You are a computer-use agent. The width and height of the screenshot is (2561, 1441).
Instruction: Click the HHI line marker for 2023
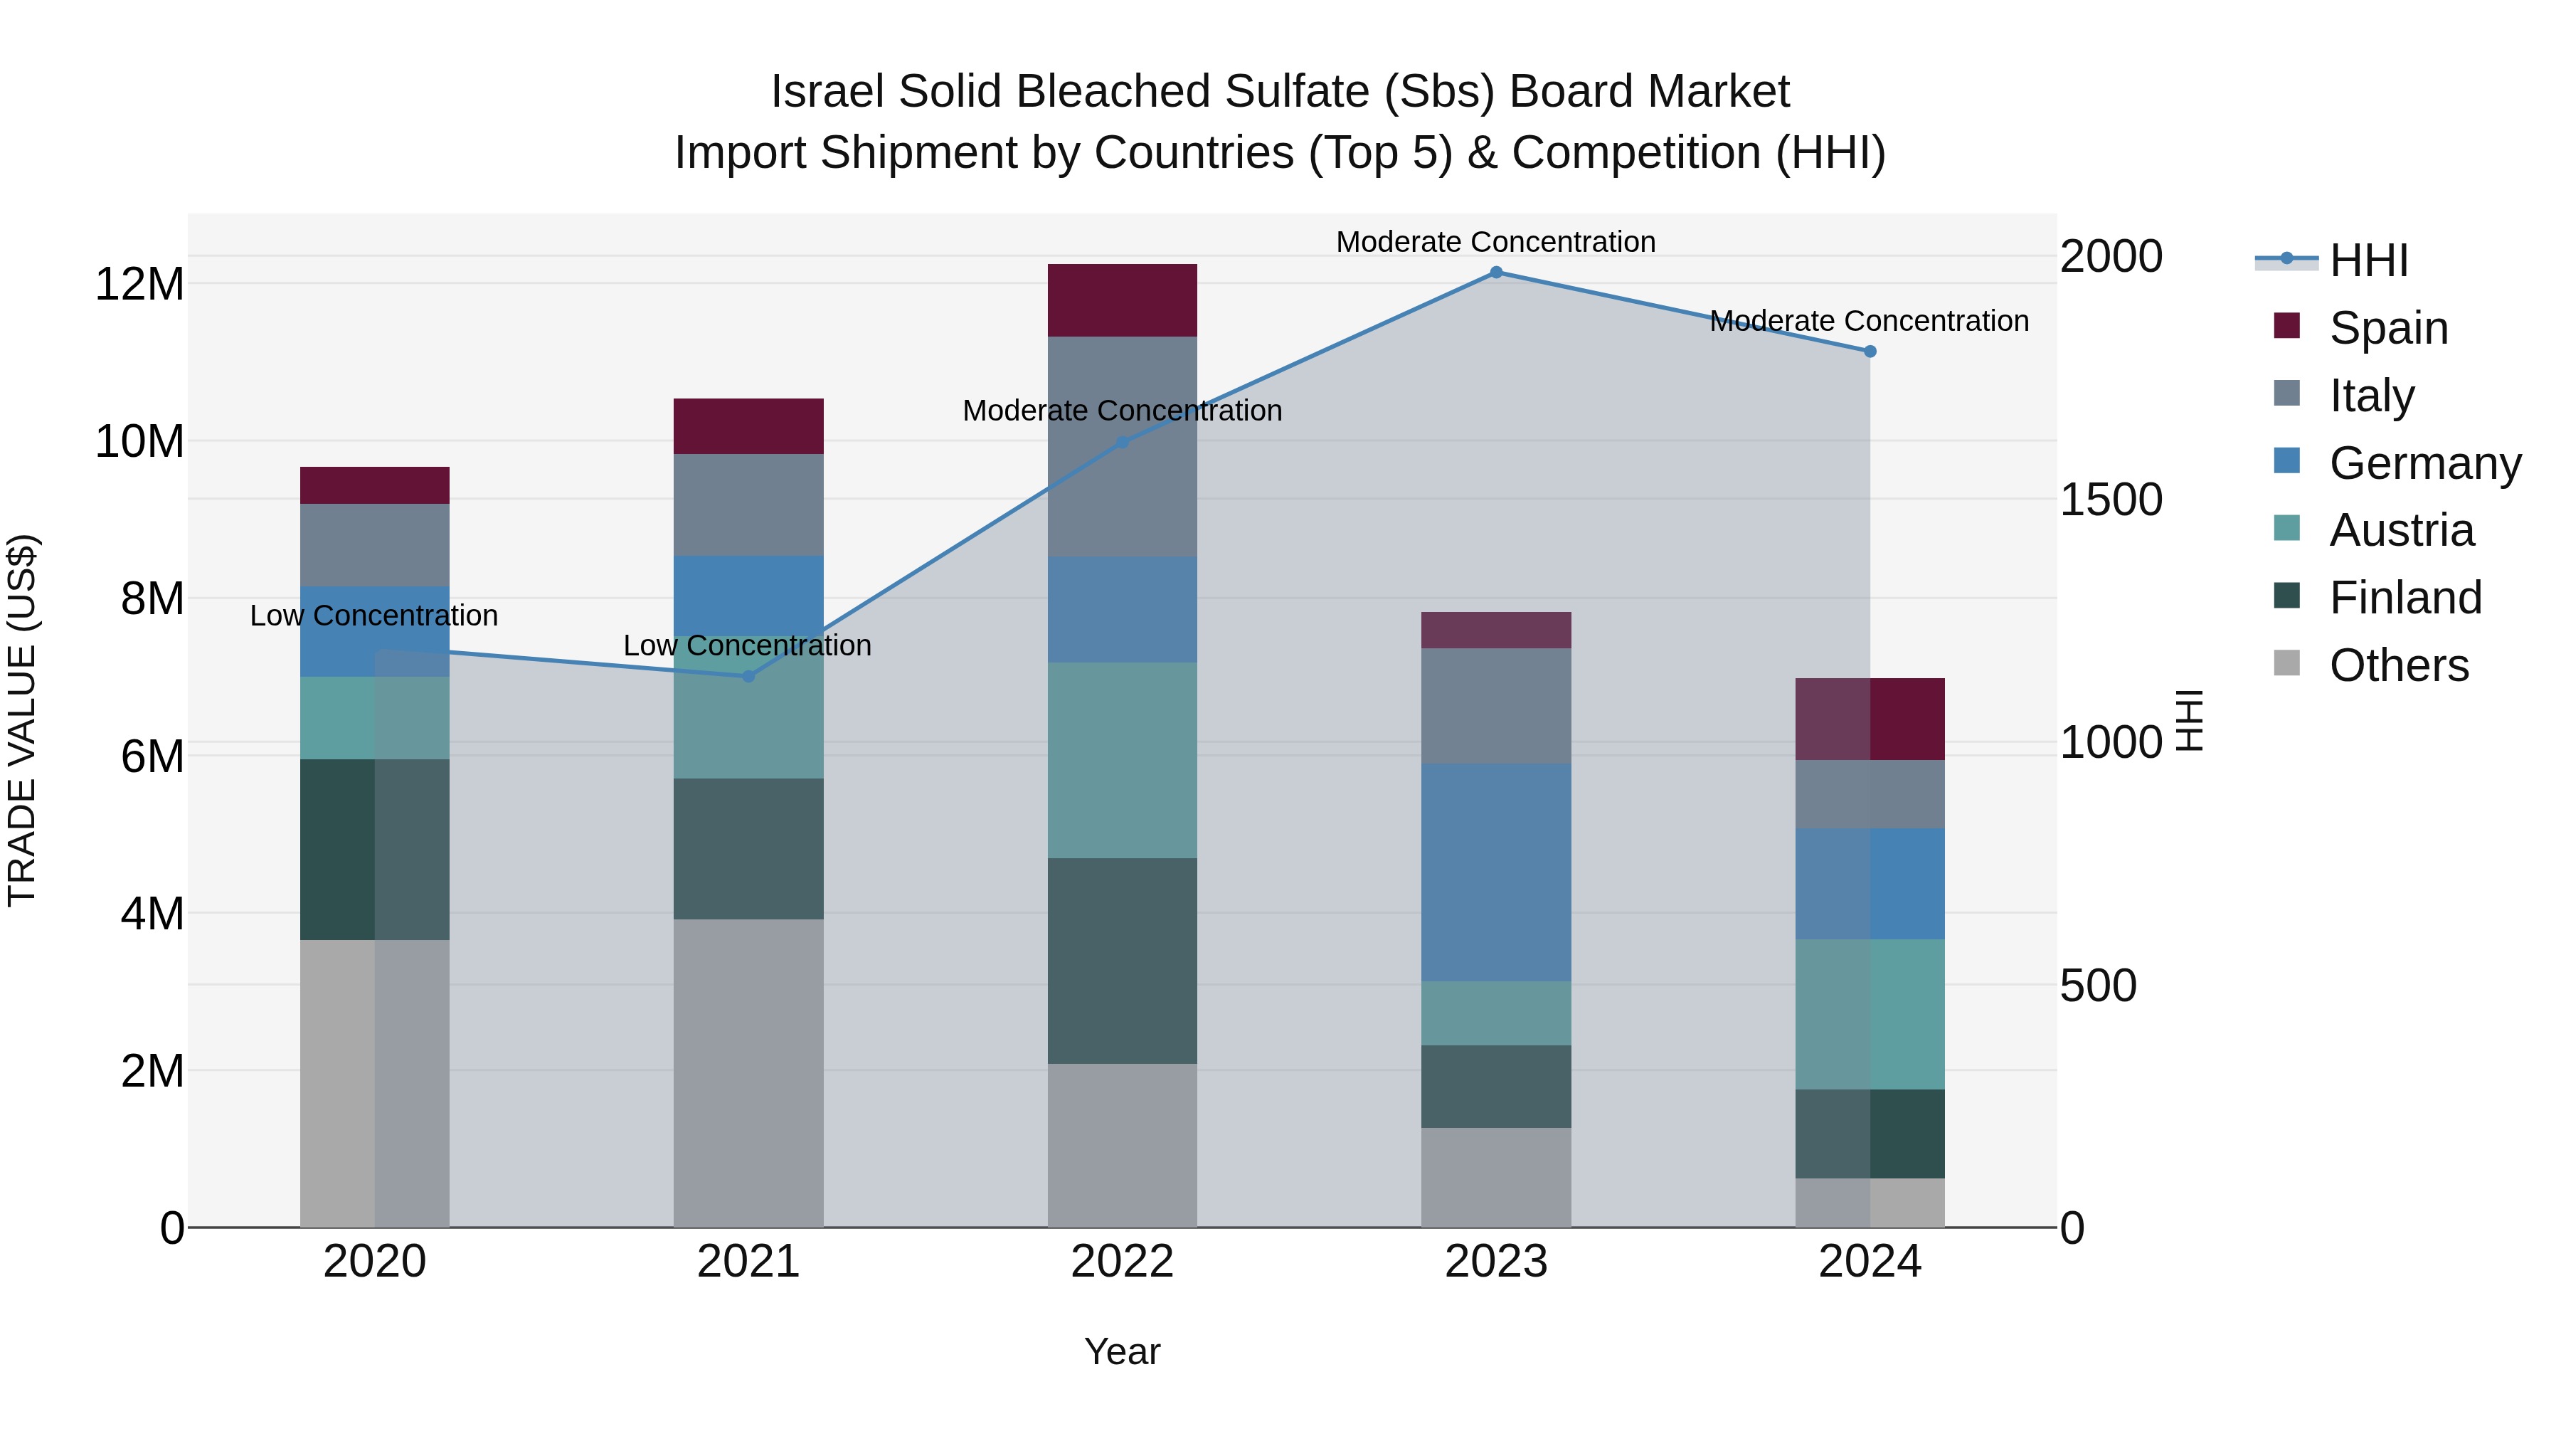tap(1495, 273)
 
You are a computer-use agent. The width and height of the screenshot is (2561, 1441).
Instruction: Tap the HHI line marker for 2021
tap(748, 676)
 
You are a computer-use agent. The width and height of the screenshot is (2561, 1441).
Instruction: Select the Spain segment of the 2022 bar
tap(1123, 300)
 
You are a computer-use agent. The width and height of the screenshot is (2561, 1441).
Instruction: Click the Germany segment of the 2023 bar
tap(1495, 872)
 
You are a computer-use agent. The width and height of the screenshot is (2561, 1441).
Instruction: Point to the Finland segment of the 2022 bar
tap(1123, 961)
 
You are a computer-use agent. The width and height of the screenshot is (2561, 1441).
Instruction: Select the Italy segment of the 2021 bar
tap(748, 505)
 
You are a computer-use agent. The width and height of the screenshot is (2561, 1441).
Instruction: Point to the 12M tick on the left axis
tap(139, 285)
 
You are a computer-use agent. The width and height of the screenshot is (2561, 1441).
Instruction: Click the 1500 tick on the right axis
tap(2110, 500)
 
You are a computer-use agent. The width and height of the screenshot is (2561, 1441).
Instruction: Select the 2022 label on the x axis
tap(1123, 1262)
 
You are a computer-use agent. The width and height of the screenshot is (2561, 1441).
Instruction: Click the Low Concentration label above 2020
tap(373, 616)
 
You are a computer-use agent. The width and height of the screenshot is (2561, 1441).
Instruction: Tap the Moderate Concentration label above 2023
tap(1495, 242)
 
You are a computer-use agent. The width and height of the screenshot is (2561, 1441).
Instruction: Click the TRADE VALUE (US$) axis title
tap(22, 720)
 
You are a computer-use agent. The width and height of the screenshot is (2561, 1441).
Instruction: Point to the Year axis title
tap(1123, 1351)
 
